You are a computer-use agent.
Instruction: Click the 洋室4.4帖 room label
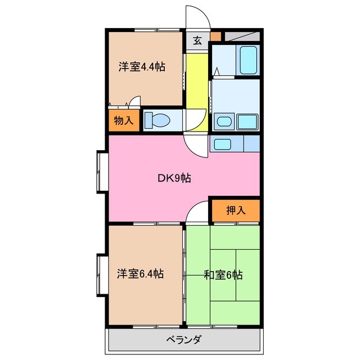pyautogui.click(x=141, y=67)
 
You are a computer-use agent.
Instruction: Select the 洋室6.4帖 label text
pyautogui.click(x=141, y=274)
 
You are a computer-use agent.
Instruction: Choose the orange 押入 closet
pyautogui.click(x=236, y=211)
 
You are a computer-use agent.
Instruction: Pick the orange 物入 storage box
pyautogui.click(x=123, y=121)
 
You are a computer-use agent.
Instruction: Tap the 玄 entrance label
pyautogui.click(x=197, y=40)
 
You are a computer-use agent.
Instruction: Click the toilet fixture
pyautogui.click(x=159, y=120)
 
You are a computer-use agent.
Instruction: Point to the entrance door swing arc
pyautogui.click(x=198, y=17)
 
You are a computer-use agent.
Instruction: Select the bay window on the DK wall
pyautogui.click(x=102, y=171)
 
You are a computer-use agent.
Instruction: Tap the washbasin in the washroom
pyautogui.click(x=224, y=121)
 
